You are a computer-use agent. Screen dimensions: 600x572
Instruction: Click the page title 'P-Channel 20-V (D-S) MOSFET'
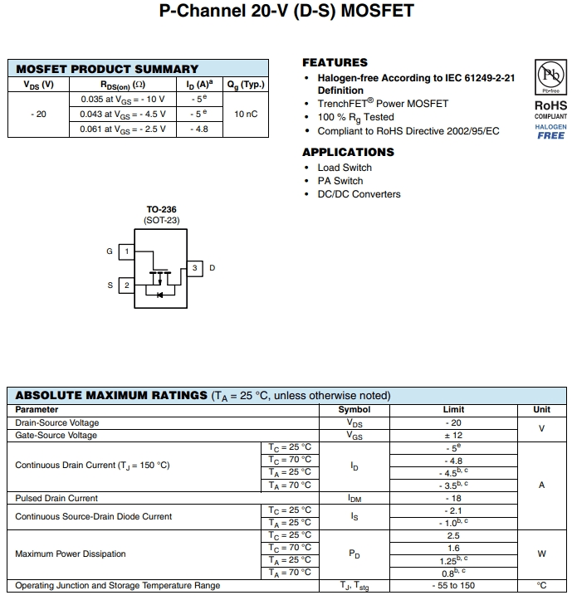click(x=286, y=12)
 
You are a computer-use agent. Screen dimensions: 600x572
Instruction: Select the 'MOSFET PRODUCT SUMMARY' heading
click(x=107, y=69)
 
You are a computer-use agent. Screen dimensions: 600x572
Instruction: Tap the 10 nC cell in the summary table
click(x=246, y=114)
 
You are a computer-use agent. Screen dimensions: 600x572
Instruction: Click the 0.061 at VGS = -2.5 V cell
click(x=123, y=129)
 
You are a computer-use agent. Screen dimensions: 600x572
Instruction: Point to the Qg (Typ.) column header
click(x=246, y=84)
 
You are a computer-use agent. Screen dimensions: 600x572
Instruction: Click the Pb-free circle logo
click(x=550, y=77)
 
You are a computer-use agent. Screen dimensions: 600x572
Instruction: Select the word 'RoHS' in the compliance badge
click(x=550, y=105)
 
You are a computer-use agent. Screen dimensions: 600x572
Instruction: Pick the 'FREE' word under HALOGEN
click(x=550, y=135)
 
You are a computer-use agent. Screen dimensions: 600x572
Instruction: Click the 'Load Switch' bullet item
click(x=345, y=168)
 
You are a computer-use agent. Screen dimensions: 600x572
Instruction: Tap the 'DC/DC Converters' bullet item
click(x=359, y=194)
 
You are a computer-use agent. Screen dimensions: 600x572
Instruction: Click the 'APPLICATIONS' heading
click(x=348, y=152)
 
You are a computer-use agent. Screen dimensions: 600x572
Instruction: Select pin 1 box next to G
click(x=126, y=251)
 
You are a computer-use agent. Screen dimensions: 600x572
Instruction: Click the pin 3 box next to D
click(x=194, y=268)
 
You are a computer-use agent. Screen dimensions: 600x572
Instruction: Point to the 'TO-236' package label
click(x=161, y=210)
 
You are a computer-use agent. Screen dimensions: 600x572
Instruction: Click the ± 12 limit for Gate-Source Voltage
click(x=453, y=435)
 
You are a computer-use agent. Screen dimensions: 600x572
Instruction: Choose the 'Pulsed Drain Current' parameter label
click(x=56, y=498)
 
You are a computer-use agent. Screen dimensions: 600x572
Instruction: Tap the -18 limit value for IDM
click(x=453, y=498)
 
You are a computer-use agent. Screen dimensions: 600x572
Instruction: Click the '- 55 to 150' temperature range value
click(x=453, y=585)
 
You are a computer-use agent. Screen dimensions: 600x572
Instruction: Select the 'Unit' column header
click(x=541, y=409)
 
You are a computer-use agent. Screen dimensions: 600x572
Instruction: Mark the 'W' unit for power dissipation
click(x=541, y=554)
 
